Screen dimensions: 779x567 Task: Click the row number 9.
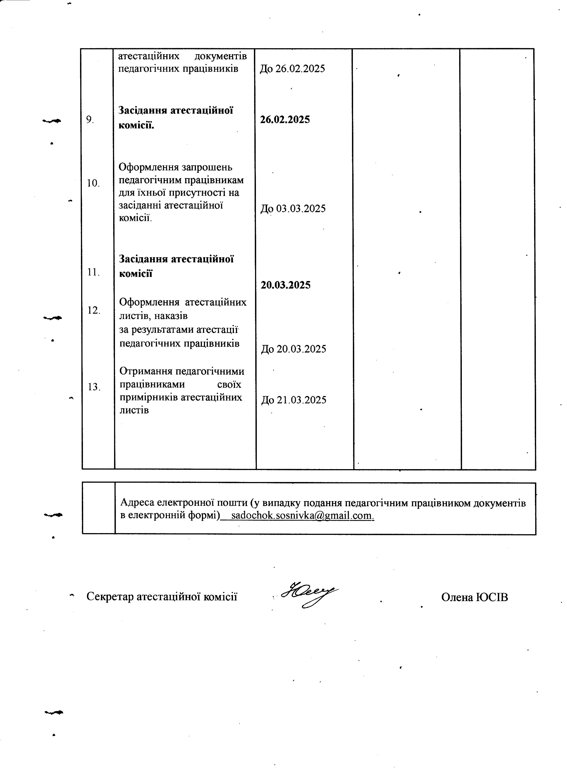90,120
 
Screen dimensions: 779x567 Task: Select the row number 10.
93,183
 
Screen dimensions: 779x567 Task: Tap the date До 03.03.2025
293,209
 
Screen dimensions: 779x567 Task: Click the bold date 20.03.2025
286,285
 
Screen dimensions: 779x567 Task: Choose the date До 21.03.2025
294,400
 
